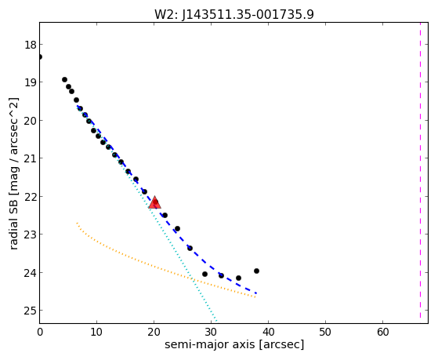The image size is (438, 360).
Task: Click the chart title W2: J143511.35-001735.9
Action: click(234, 14)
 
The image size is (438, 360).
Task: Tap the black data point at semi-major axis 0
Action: click(40, 56)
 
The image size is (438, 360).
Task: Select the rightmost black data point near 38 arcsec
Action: click(256, 271)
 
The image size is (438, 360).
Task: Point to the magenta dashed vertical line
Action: click(420, 170)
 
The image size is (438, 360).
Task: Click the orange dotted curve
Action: click(157, 266)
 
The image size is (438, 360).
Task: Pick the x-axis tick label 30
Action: click(211, 332)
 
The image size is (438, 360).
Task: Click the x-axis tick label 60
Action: click(382, 332)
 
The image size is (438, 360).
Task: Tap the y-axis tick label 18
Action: click(30, 45)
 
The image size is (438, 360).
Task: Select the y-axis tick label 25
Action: click(30, 311)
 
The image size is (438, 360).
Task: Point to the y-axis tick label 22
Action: click(30, 197)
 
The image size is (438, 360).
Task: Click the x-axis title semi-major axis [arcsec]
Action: click(234, 344)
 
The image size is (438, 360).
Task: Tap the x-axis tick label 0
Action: click(40, 332)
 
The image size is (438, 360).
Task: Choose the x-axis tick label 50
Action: click(325, 332)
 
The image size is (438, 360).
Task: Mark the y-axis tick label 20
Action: click(30, 121)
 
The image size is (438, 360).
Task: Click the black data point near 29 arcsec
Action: click(205, 275)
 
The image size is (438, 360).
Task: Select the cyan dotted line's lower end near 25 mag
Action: click(216, 321)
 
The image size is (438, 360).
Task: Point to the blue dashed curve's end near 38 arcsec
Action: click(256, 293)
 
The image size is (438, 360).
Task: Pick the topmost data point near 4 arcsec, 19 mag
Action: click(64, 80)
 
